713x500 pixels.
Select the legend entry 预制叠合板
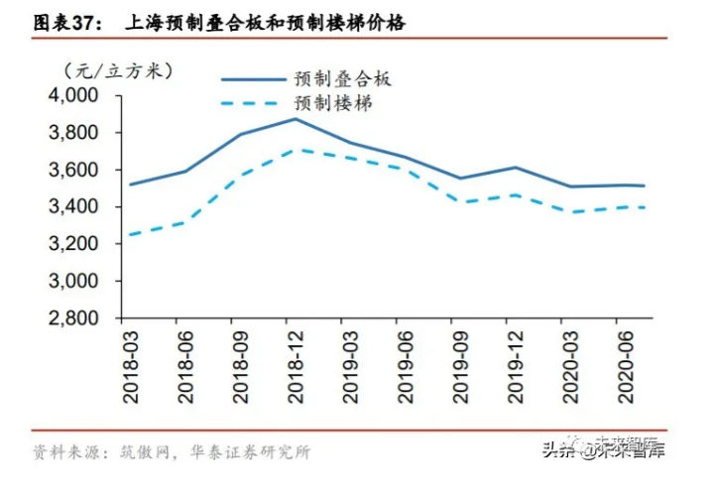click(342, 78)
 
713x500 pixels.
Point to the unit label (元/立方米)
click(118, 70)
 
